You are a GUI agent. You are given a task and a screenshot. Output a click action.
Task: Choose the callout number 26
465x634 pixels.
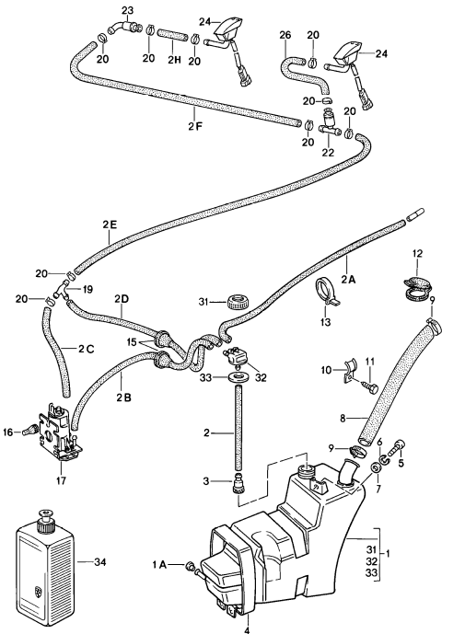point(285,36)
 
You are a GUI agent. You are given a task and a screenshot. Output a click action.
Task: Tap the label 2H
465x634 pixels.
point(172,59)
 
